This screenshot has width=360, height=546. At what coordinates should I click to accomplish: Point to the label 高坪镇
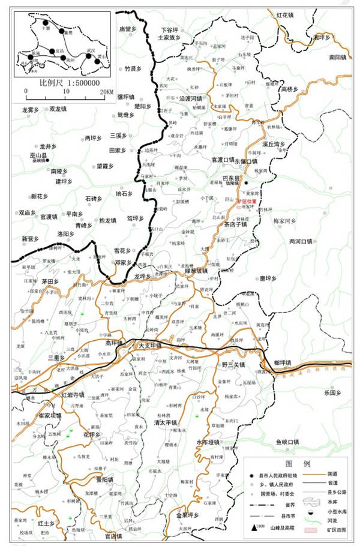(x=114, y=343)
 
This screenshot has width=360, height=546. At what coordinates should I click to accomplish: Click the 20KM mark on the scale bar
(x=106, y=92)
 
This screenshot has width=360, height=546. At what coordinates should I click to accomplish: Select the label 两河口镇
(x=301, y=241)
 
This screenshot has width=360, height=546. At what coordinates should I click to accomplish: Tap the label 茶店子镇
(x=235, y=224)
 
